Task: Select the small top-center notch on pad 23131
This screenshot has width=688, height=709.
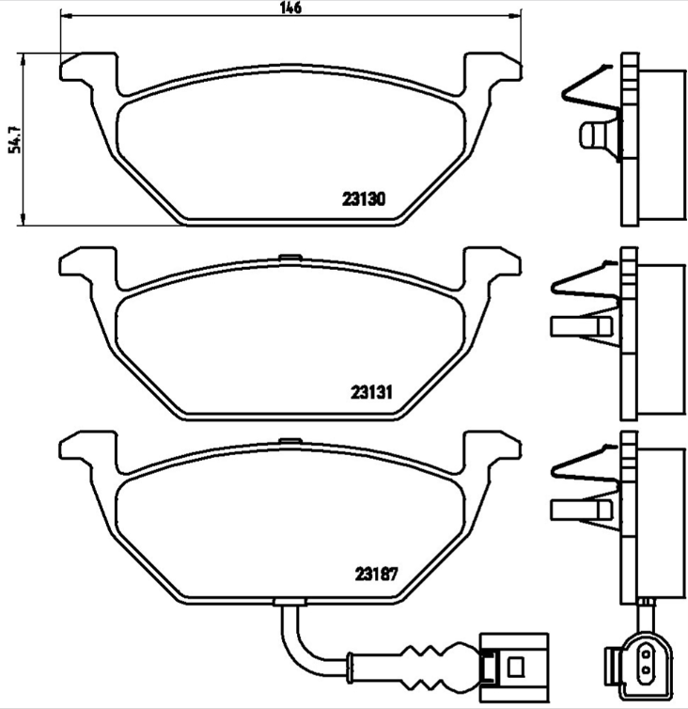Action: point(290,257)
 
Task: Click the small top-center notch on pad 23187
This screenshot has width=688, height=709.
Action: point(290,440)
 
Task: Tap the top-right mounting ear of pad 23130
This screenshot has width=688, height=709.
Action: point(493,70)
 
